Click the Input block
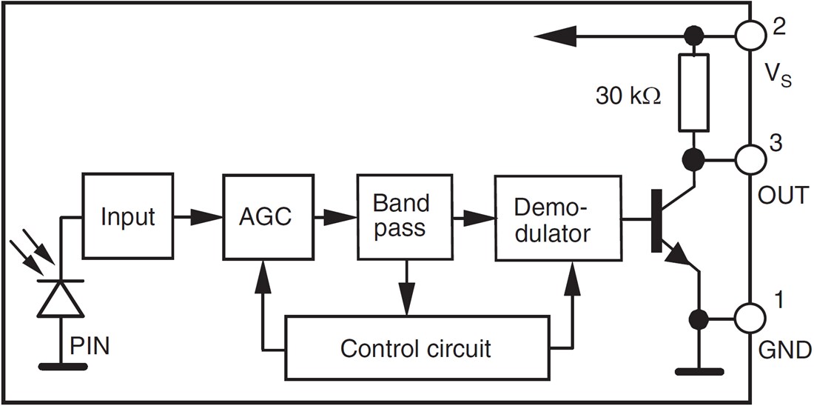(x=128, y=217)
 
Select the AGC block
(x=265, y=217)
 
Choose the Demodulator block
(x=557, y=218)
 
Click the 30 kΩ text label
(x=628, y=97)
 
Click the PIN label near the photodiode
(x=90, y=346)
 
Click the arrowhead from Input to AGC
(x=209, y=217)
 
